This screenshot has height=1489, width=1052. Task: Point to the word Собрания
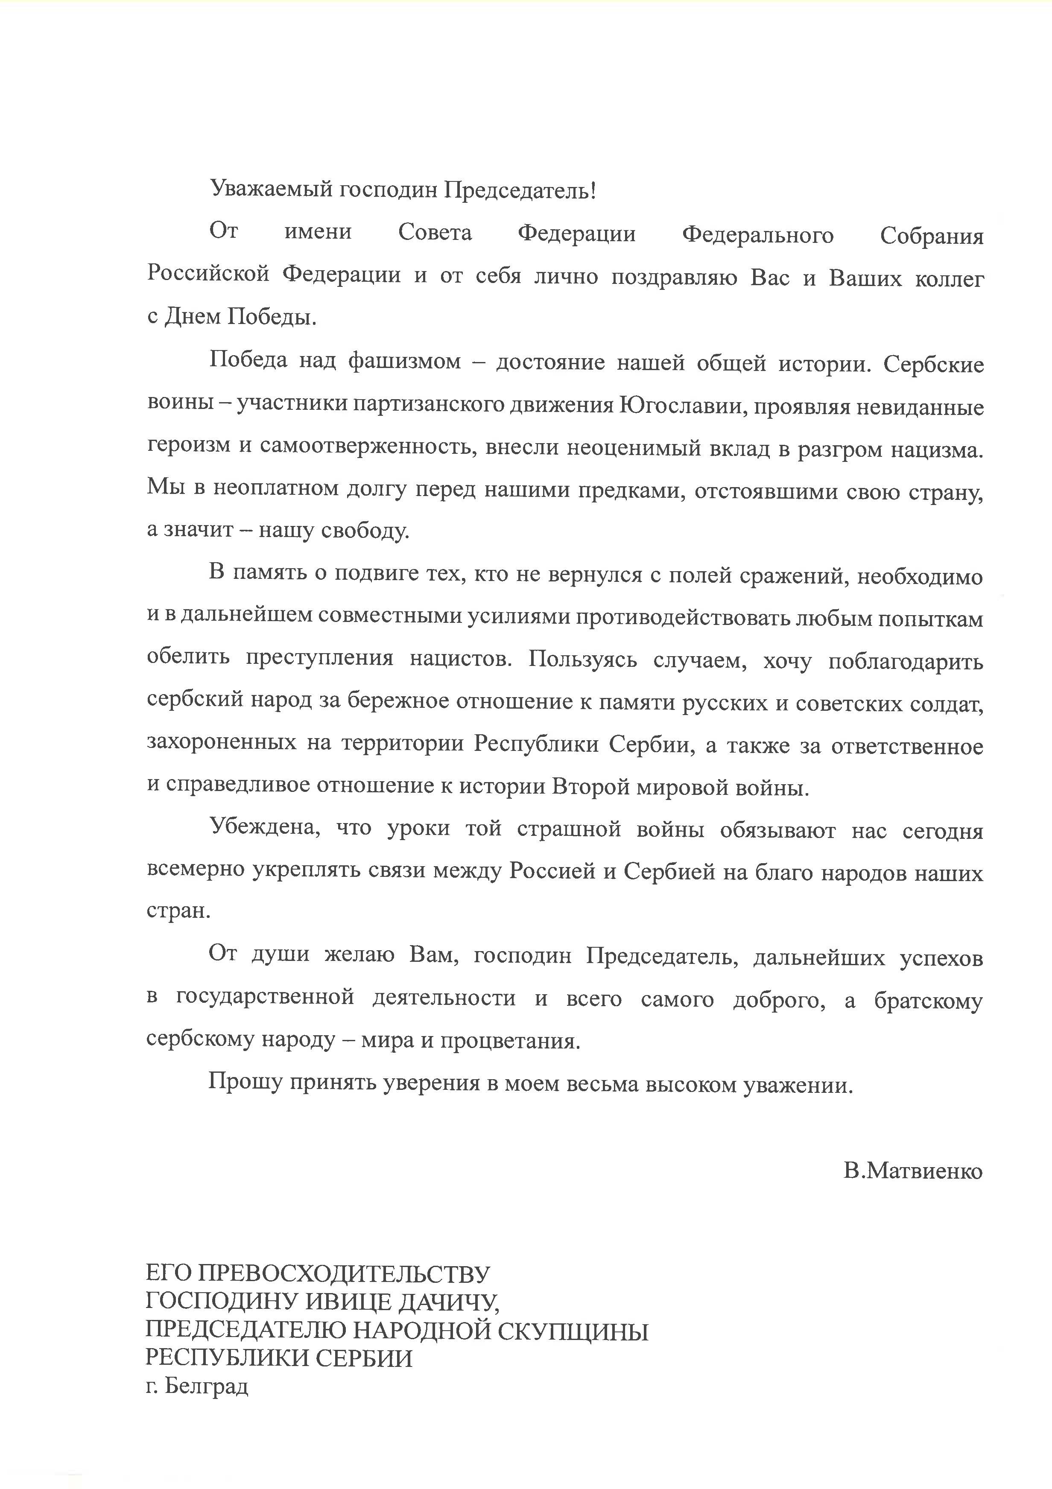tap(931, 235)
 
